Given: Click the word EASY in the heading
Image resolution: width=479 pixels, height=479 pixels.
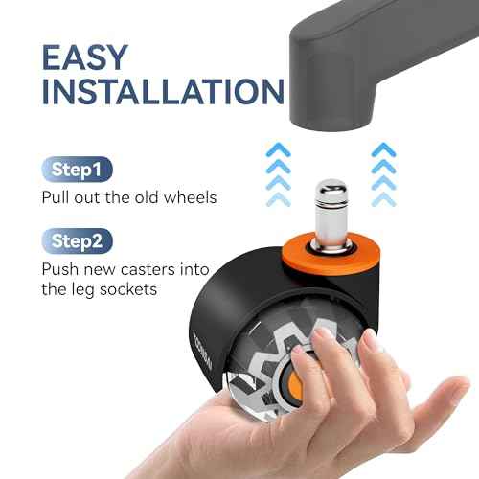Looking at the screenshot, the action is (85, 57).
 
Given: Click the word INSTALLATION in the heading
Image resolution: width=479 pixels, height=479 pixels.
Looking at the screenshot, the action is (163, 91).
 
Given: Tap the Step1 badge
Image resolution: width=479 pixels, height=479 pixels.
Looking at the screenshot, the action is (77, 170).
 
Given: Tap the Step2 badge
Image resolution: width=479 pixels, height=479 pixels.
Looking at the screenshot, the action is (77, 241).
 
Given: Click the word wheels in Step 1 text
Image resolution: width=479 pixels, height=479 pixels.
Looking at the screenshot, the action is (191, 197).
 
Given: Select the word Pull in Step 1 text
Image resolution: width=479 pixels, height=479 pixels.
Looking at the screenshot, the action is (56, 197).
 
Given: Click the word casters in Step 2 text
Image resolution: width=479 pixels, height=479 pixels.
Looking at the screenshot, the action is (148, 269).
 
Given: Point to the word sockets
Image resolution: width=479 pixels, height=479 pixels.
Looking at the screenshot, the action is (128, 289).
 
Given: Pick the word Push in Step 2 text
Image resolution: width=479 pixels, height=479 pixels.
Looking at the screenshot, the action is (60, 269).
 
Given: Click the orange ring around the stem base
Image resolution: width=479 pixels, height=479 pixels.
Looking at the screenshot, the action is (331, 252).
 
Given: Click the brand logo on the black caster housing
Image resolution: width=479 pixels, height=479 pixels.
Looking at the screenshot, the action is (202, 352).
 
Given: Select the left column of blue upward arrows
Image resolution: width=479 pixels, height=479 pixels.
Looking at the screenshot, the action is (279, 174).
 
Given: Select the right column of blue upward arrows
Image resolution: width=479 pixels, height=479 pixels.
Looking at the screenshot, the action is (384, 174).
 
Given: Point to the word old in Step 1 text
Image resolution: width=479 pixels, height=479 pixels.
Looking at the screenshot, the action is (147, 197).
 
